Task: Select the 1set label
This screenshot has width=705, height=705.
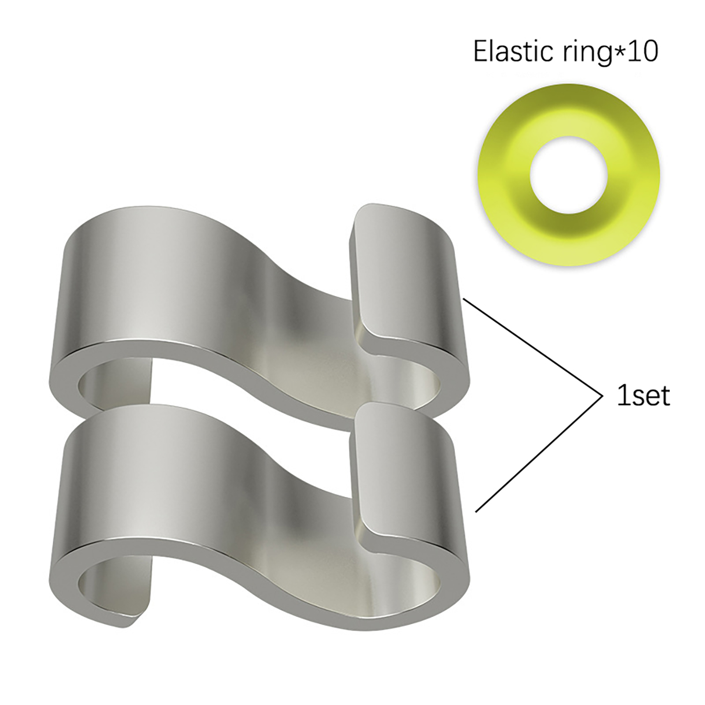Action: [643, 395]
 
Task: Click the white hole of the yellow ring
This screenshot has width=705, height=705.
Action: [568, 175]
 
